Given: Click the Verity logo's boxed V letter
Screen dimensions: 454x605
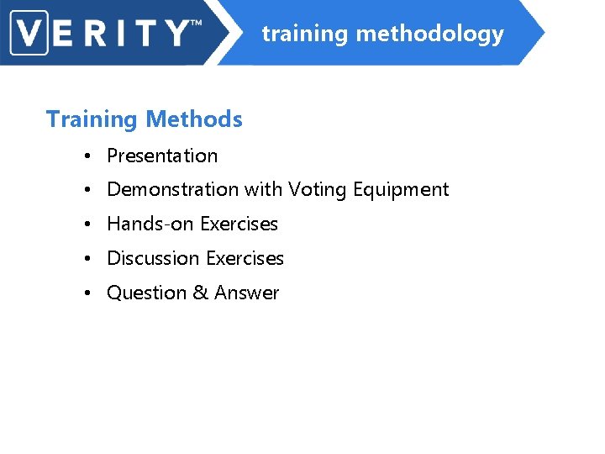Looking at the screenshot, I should (30, 33).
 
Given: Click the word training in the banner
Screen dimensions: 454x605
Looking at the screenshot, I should (304, 34).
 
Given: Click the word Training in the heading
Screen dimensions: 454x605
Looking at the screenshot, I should (92, 119).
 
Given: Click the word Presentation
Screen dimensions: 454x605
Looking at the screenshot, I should (162, 156).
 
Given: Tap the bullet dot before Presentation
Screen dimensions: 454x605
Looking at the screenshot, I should (87, 156).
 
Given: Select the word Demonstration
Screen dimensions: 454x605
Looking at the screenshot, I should (172, 190).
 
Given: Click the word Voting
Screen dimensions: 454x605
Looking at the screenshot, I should (318, 190).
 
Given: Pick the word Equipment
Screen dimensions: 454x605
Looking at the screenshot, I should (401, 191).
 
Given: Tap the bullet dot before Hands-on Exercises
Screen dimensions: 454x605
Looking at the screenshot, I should (87, 225).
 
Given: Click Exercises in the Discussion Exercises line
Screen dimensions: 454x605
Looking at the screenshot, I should (245, 259).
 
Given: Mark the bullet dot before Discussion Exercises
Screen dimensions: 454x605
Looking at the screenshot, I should (87, 260).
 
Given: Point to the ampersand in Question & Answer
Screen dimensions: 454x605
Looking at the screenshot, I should (200, 293).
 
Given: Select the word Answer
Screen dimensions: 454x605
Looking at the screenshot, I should (246, 293).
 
